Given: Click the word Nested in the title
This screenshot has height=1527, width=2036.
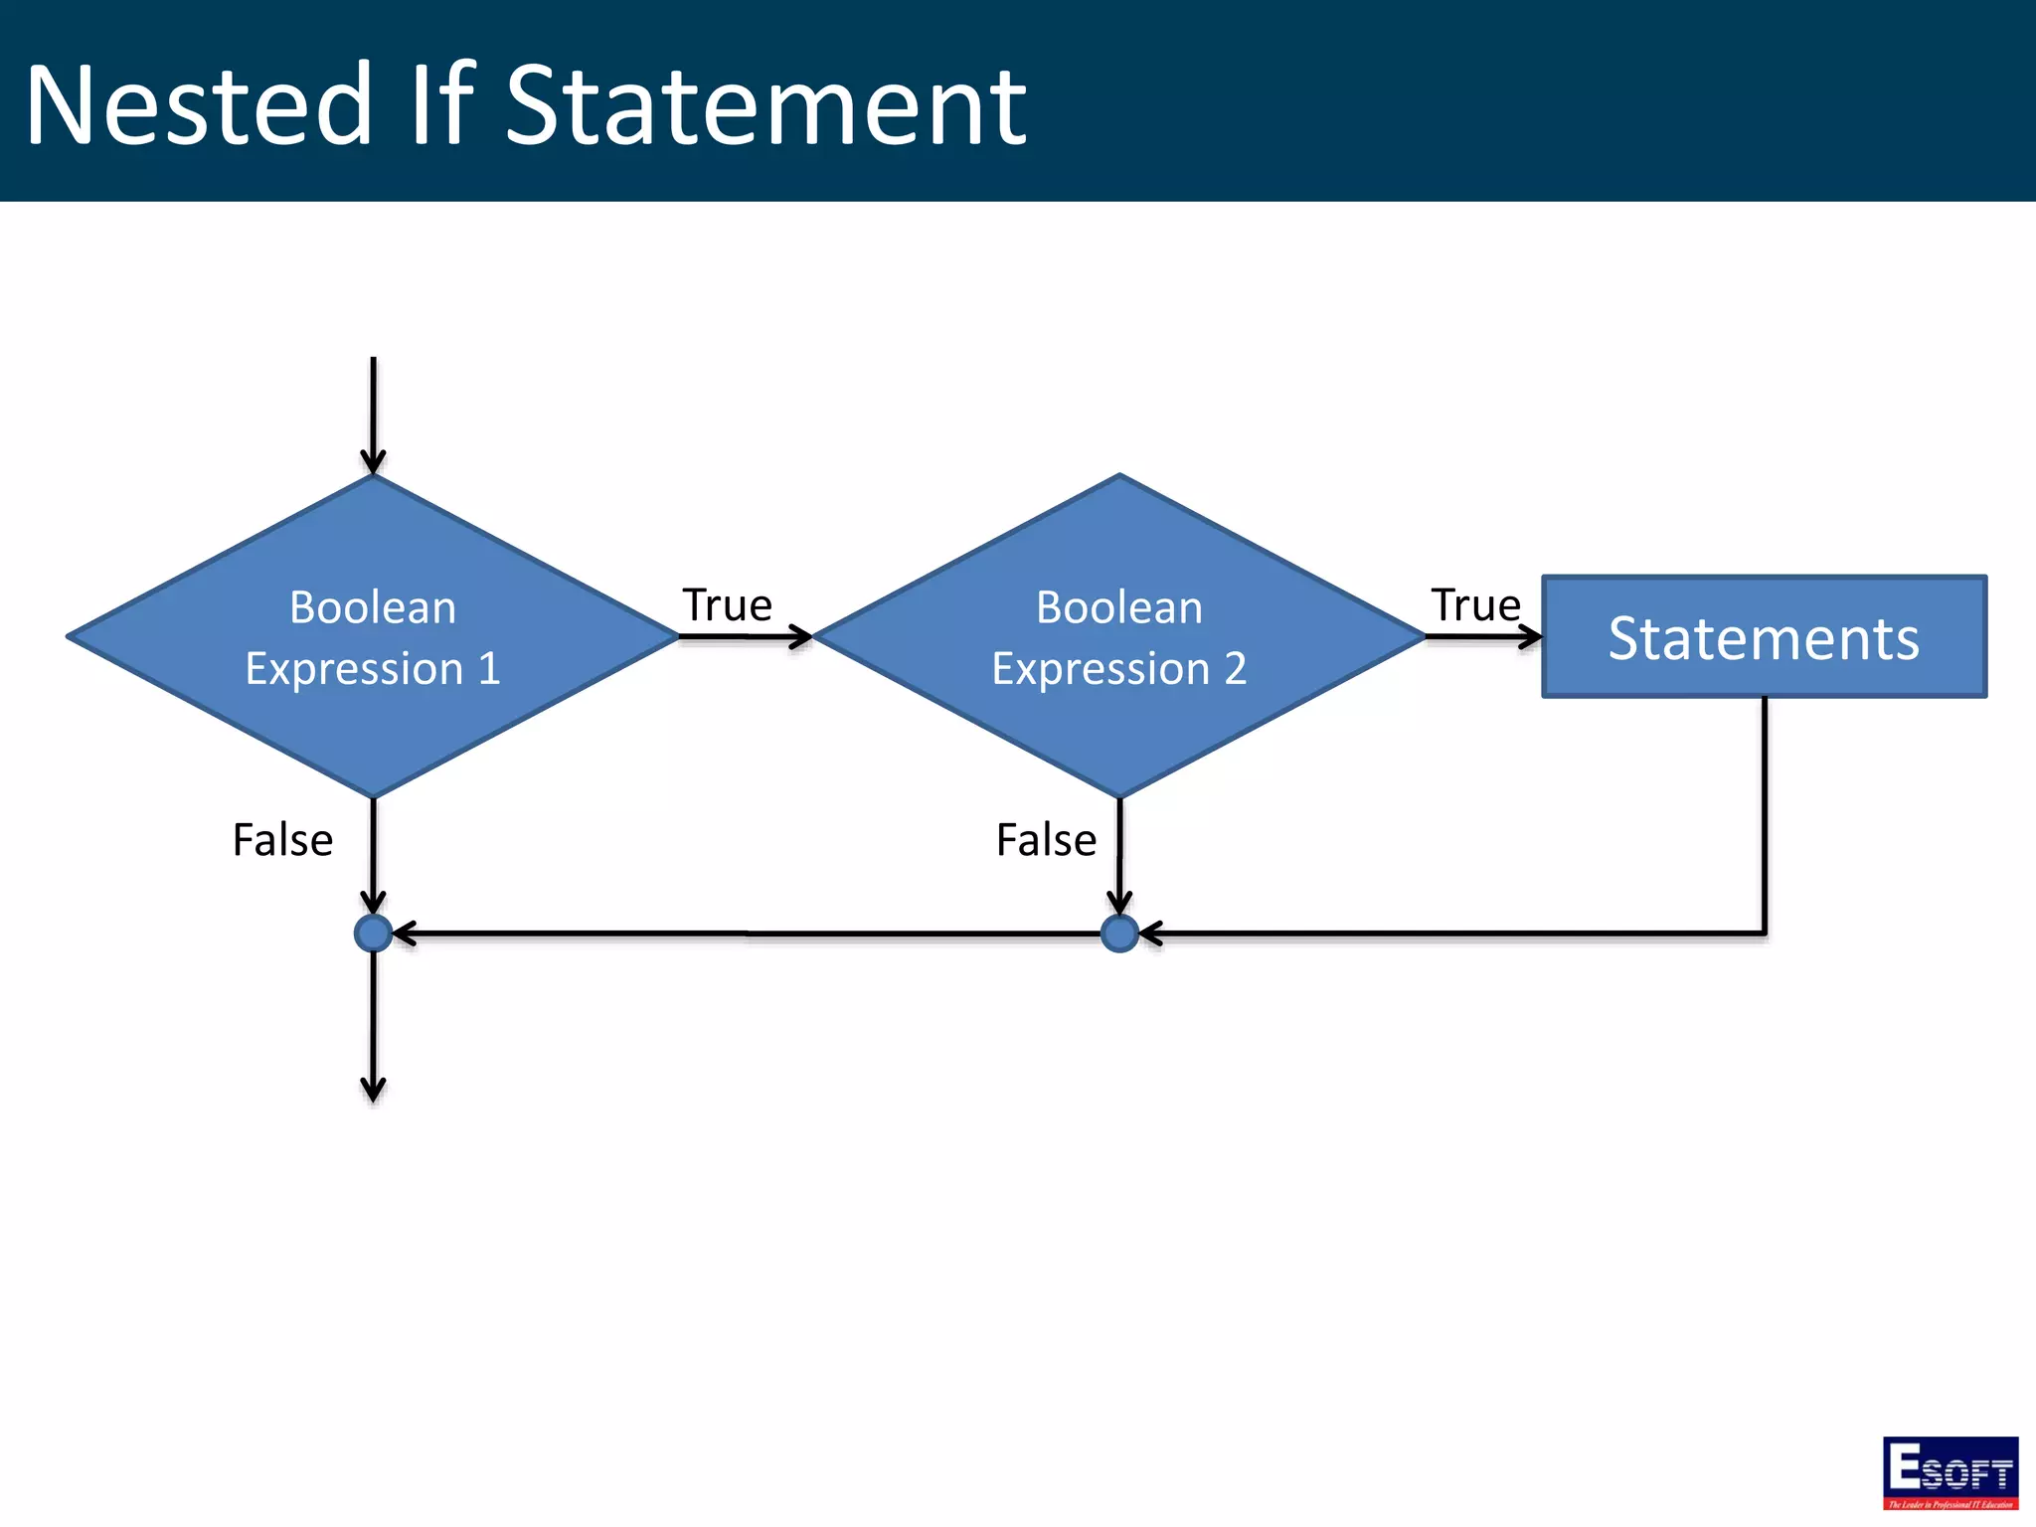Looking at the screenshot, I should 199,105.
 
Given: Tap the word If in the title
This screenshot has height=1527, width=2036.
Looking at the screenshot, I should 442,103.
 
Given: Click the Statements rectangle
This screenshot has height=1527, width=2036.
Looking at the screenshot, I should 1764,637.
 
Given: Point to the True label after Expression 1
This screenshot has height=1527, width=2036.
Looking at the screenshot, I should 727,605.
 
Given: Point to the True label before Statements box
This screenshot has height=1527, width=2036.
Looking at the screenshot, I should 1475,605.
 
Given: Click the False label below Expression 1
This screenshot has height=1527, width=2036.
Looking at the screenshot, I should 282,840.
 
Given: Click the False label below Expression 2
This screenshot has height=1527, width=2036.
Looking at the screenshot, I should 1046,840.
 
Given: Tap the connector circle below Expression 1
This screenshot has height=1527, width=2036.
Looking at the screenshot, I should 373,933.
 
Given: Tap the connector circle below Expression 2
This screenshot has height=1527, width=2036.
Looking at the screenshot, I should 1119,933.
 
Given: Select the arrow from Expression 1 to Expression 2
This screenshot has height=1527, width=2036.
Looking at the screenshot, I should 746,636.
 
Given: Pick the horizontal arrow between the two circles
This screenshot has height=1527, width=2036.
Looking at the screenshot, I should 746,933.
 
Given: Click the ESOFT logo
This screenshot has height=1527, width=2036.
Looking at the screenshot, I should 1950,1472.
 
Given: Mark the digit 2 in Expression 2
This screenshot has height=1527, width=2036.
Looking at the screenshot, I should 1235,669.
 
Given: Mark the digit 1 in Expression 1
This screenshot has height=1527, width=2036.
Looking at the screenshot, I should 489,669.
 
